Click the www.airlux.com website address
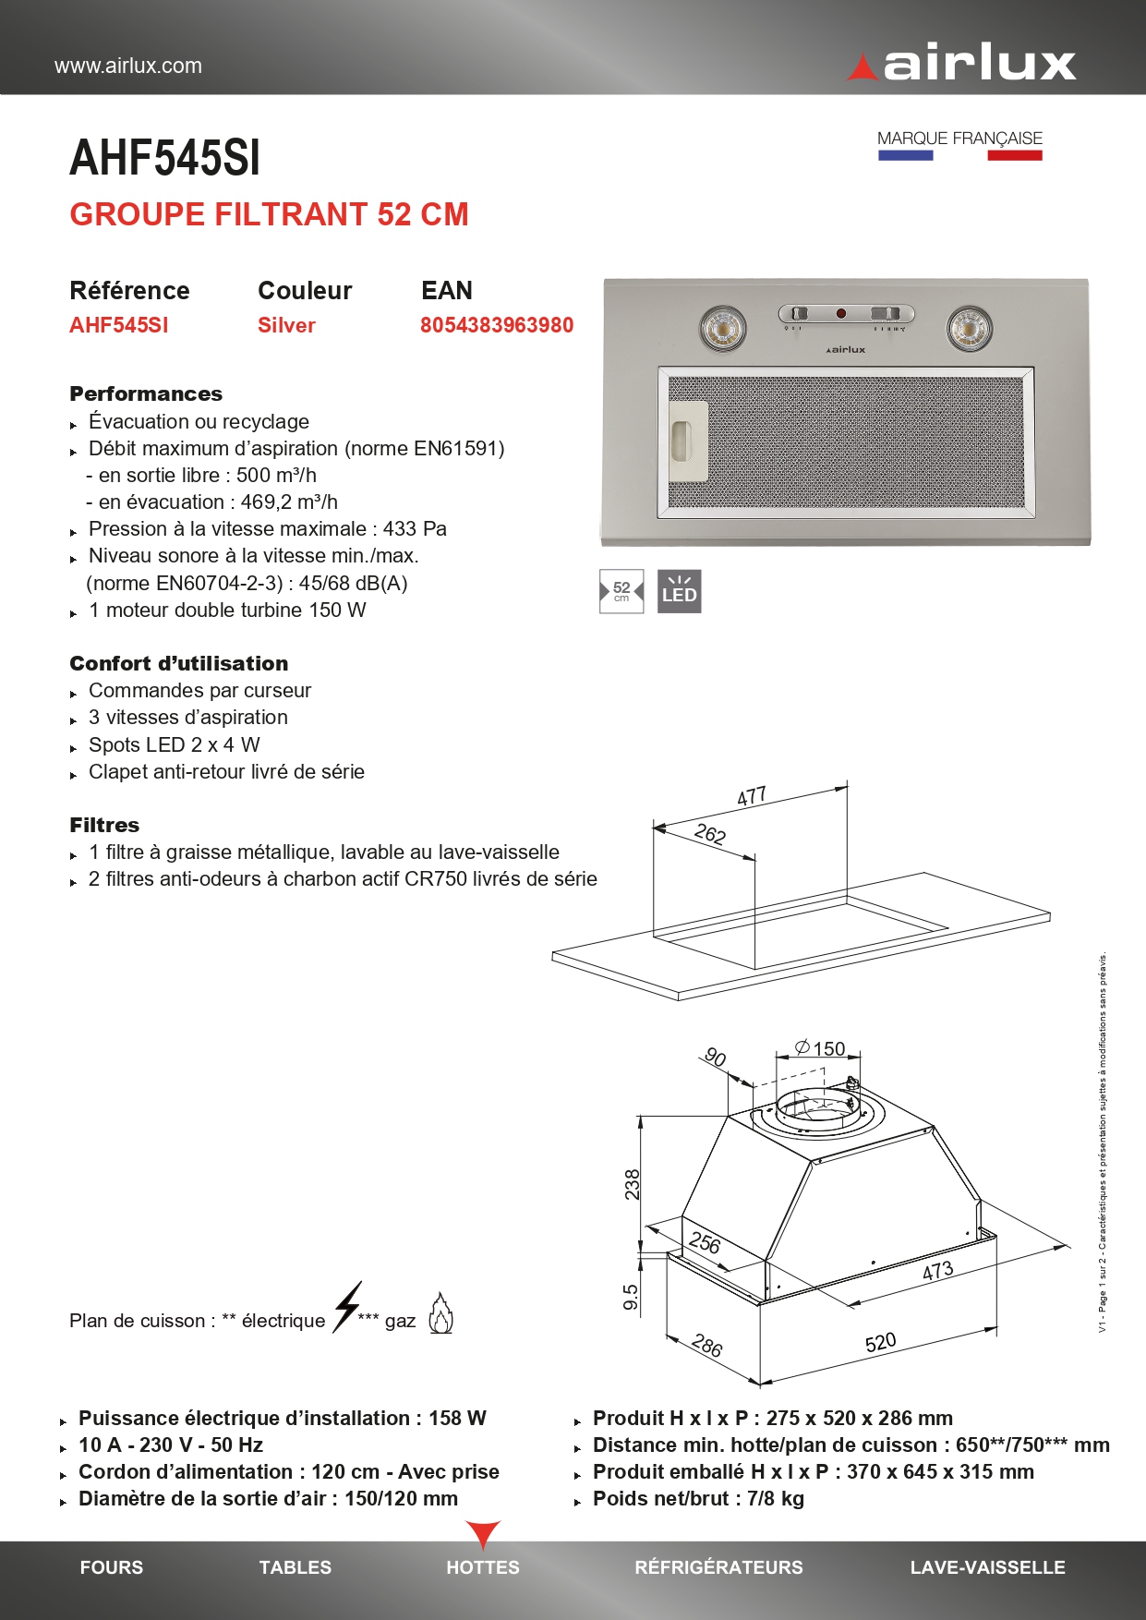point(128,66)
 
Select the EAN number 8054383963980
point(497,325)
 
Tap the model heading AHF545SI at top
point(165,158)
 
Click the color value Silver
point(286,325)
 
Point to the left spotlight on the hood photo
point(722,328)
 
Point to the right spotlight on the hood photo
point(970,328)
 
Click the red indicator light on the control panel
point(841,314)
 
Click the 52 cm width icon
point(621,591)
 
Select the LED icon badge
point(679,591)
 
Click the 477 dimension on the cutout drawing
point(752,796)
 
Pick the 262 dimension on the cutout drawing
point(709,835)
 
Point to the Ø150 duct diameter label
point(820,1048)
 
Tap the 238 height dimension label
point(632,1184)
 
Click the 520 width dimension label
point(880,1342)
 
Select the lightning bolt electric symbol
point(348,1306)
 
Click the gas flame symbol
point(440,1313)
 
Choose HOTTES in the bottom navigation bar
point(483,1567)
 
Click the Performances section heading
point(146,394)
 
